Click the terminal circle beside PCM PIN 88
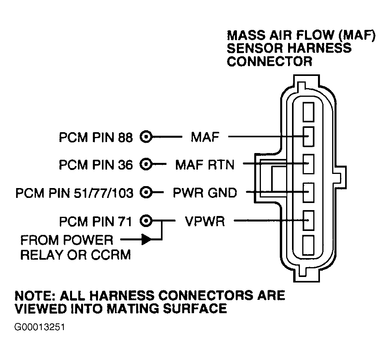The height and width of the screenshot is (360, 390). (146, 137)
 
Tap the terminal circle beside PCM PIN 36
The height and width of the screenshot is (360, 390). (146, 164)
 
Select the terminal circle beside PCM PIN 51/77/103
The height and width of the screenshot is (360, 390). (146, 192)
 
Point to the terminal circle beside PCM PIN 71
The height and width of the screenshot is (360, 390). (146, 221)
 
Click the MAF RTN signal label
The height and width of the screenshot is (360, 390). (205, 164)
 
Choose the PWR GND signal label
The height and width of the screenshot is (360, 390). (205, 193)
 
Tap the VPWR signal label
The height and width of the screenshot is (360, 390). (205, 221)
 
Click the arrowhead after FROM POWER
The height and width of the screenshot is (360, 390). (146, 240)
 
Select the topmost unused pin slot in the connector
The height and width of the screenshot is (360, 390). (309, 112)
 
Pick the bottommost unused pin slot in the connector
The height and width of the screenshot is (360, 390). (309, 245)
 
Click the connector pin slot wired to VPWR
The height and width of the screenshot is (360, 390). (309, 221)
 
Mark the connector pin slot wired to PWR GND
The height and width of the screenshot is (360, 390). (309, 192)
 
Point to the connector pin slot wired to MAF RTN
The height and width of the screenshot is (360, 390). (309, 164)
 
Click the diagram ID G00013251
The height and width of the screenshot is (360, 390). (40, 327)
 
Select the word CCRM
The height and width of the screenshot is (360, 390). (111, 255)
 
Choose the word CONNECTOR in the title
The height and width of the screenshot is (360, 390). (269, 61)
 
